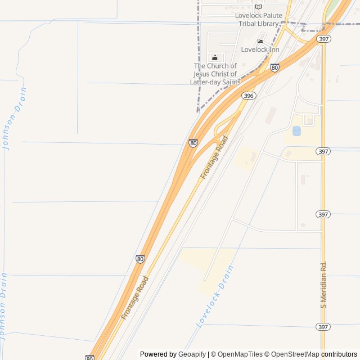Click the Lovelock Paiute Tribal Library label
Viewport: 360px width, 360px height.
pyautogui.click(x=257, y=20)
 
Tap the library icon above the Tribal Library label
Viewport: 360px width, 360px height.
pyautogui.click(x=258, y=7)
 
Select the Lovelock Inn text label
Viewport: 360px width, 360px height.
pyautogui.click(x=260, y=49)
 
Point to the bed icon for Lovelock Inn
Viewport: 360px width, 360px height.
pyautogui.click(x=260, y=41)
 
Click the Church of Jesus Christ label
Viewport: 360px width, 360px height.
pyautogui.click(x=215, y=74)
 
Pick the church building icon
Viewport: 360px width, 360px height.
pyautogui.click(x=215, y=57)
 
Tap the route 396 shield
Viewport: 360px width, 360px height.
pyautogui.click(x=249, y=96)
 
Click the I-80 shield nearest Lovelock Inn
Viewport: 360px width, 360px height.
pyautogui.click(x=274, y=68)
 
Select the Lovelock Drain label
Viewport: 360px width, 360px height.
pyautogui.click(x=214, y=304)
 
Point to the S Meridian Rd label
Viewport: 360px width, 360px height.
pyautogui.click(x=323, y=284)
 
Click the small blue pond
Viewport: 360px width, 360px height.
pyautogui.click(x=296, y=131)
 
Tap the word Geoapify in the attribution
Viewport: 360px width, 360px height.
pyautogui.click(x=192, y=354)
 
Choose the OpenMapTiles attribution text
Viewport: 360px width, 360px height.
pyautogui.click(x=237, y=354)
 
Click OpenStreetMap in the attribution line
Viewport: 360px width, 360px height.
pyautogui.click(x=294, y=354)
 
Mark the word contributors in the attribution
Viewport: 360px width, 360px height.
pyautogui.click(x=339, y=354)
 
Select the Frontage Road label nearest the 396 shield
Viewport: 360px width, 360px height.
pyautogui.click(x=214, y=157)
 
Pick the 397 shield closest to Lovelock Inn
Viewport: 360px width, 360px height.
pyautogui.click(x=324, y=39)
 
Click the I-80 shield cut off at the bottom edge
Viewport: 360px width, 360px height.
pyautogui.click(x=90, y=358)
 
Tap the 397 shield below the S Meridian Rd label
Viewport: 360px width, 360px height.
pyautogui.click(x=323, y=327)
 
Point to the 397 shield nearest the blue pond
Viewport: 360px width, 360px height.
pyautogui.click(x=323, y=151)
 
